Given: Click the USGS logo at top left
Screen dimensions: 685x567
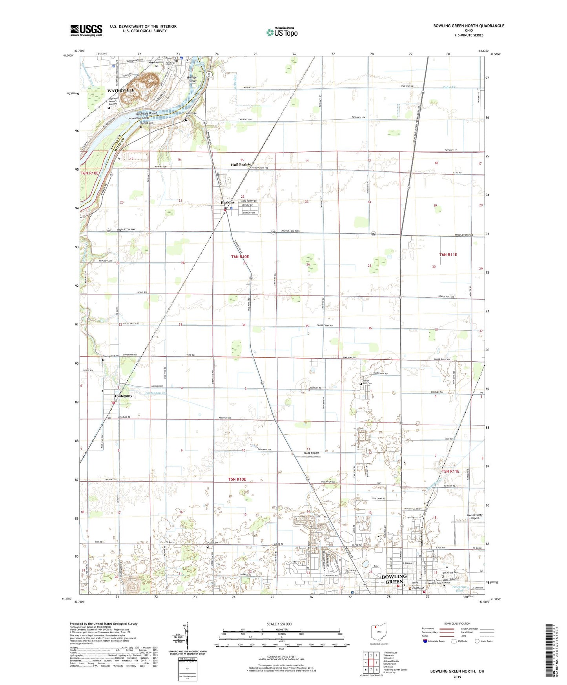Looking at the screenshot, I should [x=86, y=30].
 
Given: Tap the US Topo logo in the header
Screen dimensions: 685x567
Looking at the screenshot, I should [x=282, y=32].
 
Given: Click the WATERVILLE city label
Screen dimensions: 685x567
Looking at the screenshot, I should [x=121, y=90].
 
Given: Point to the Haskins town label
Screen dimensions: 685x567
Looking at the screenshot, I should [x=228, y=202].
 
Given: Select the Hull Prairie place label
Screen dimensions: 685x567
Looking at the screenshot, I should [x=241, y=165].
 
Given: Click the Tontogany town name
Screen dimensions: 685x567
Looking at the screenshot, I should [x=123, y=396].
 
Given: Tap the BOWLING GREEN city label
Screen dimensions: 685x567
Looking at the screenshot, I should [x=394, y=579].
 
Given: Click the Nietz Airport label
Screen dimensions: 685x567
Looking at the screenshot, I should [x=312, y=453].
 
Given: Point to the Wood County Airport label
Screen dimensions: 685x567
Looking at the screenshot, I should [x=474, y=517].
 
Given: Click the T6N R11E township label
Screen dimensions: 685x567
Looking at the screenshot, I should [x=448, y=255].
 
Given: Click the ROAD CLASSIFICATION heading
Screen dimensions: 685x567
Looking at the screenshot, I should [x=457, y=623].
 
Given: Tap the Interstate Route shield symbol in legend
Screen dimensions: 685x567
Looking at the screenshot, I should [x=425, y=641].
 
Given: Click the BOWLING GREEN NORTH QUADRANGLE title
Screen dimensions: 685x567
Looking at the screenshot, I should [x=469, y=26].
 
